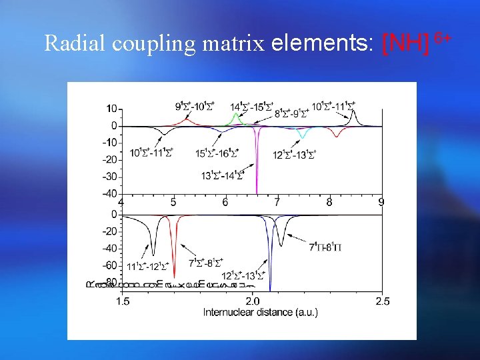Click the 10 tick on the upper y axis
111,109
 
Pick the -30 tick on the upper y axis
109,177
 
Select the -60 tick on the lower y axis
109,266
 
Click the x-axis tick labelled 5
173,202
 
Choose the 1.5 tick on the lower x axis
123,302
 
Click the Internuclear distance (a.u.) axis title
260,312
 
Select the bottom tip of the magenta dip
257,193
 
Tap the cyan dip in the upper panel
303,137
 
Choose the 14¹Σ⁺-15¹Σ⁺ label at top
251,107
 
